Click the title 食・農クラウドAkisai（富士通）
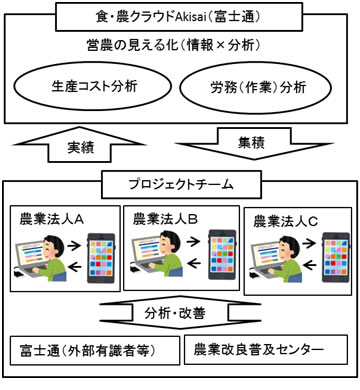tap(180, 15)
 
